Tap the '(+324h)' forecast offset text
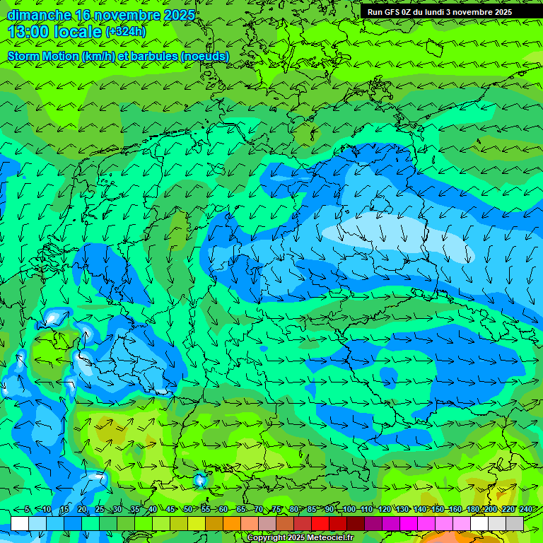125,32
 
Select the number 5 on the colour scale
27,510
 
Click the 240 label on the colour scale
525,510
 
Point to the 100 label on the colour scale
349,510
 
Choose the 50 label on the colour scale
188,510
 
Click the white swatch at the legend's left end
20,523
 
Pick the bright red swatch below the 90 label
320,523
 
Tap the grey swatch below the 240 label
515,523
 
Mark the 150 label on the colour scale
438,510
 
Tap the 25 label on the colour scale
99,510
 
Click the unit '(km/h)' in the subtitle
100,56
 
